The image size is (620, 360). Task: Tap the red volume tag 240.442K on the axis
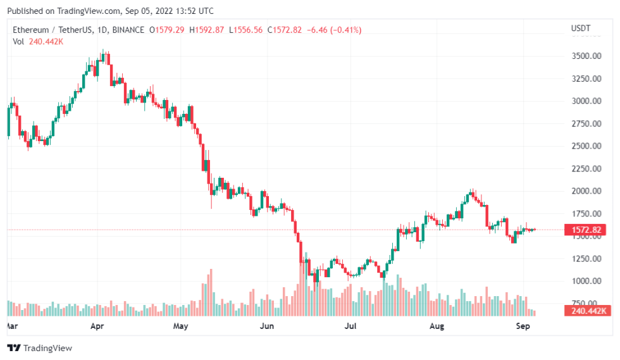pyautogui.click(x=586, y=310)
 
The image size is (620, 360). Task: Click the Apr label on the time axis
pyautogui.click(x=97, y=326)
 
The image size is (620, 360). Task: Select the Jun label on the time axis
pyautogui.click(x=267, y=326)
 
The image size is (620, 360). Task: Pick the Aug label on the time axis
pyautogui.click(x=437, y=326)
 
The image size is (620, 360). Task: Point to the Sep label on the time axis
pyautogui.click(x=523, y=326)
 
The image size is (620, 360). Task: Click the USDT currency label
pyautogui.click(x=580, y=28)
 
